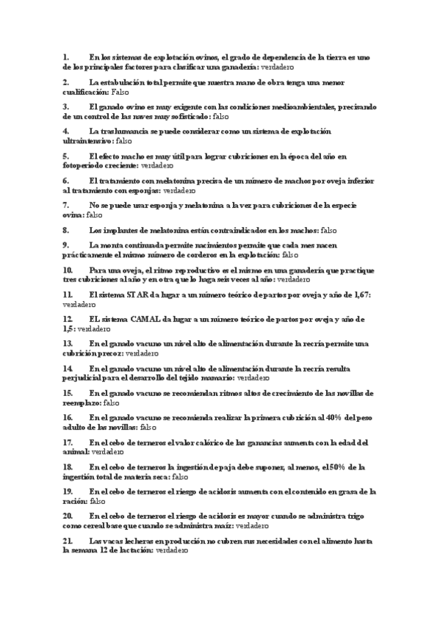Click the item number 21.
click(x=68, y=541)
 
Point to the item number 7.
click(x=66, y=205)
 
